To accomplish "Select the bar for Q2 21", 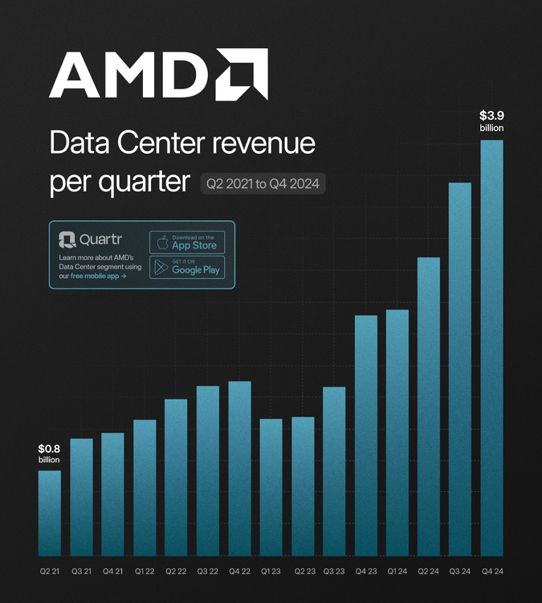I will coord(50,513).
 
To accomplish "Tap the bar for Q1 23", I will coord(271,487).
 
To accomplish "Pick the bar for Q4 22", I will coord(239,468).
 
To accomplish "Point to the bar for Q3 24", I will coord(460,369).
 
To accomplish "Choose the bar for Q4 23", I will coord(366,435).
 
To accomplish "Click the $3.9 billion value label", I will coord(491,121).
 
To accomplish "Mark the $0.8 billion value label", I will coord(50,453).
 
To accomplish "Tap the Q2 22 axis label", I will coord(176,572).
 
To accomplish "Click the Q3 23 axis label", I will coord(334,572).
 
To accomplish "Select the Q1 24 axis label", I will coord(397,572).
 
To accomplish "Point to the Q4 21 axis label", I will coord(113,572).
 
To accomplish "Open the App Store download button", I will coord(187,242).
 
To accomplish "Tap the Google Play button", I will coord(187,268).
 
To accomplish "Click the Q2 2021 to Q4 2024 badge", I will coord(263,184).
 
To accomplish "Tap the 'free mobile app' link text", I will coord(98,276).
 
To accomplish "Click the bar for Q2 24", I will coord(429,406).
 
